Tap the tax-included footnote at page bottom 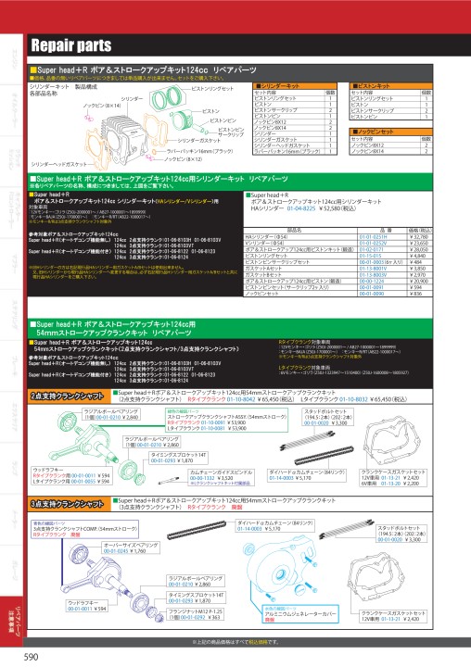pos(235,641)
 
